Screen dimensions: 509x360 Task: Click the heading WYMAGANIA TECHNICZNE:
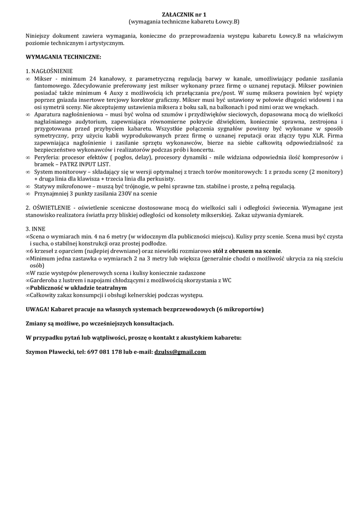tap(63, 57)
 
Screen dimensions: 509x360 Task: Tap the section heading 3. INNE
tap(35, 229)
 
